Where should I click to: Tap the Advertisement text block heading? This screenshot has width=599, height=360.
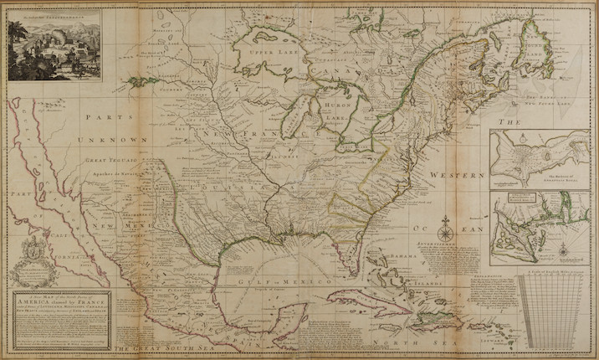click(x=440, y=237)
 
